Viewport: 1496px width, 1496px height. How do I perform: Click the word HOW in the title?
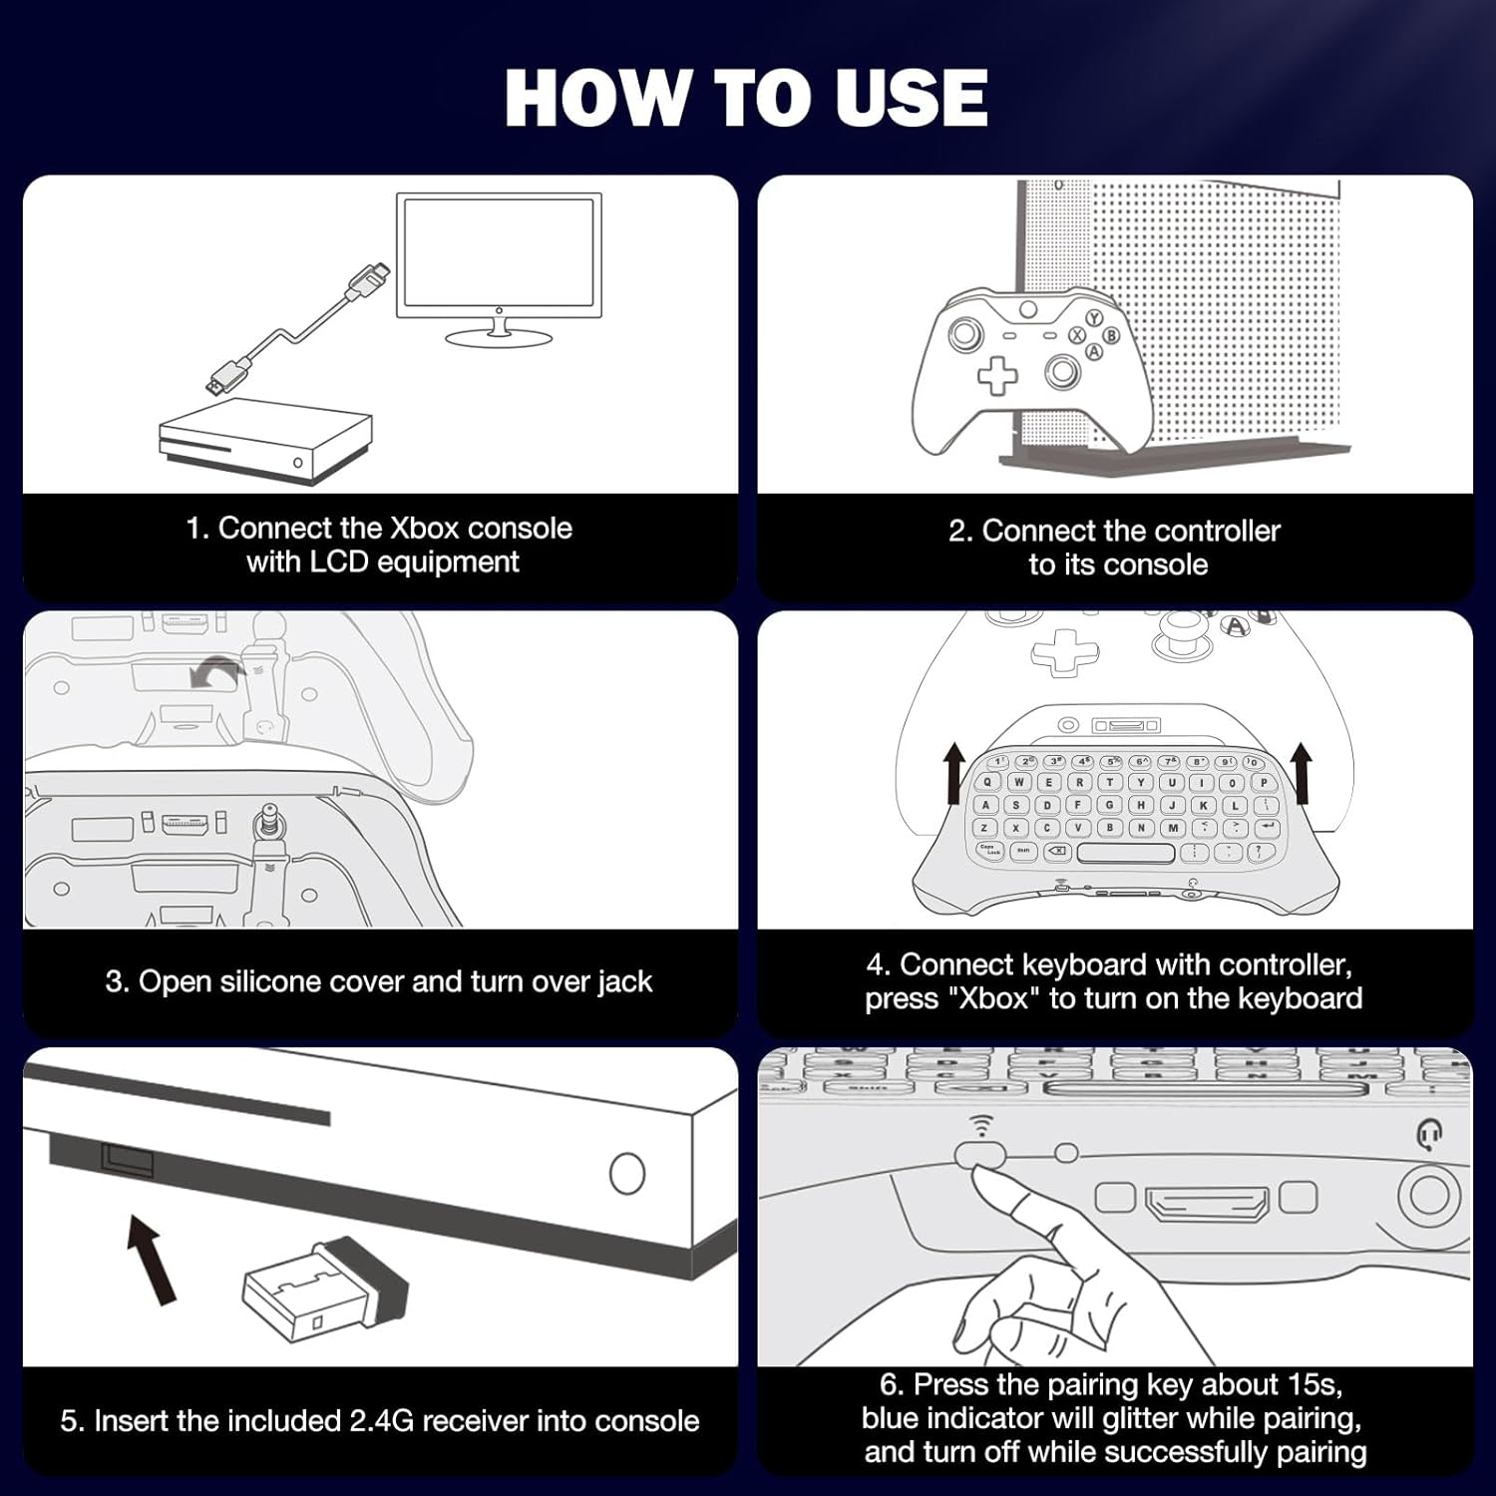(x=595, y=98)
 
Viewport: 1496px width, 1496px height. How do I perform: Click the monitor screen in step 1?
(x=499, y=255)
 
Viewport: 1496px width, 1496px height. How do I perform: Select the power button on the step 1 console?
(x=298, y=463)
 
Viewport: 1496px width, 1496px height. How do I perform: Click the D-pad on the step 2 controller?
(x=996, y=376)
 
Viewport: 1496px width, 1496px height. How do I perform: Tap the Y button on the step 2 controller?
(x=1093, y=318)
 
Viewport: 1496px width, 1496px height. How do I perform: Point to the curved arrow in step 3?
(x=216, y=673)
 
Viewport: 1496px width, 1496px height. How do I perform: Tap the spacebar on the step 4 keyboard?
(x=1126, y=853)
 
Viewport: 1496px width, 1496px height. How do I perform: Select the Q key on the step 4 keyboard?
(x=988, y=783)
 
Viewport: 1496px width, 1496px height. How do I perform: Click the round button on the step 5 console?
(x=626, y=1173)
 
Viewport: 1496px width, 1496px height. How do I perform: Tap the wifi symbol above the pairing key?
(x=982, y=1126)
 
